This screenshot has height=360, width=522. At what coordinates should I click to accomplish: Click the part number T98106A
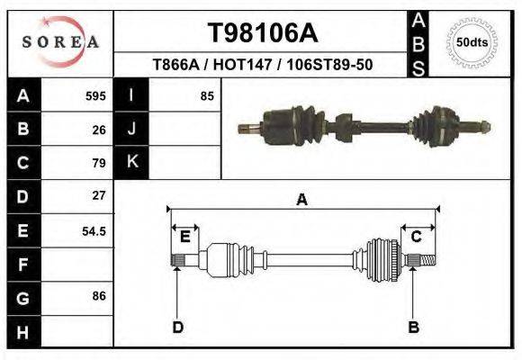[x=263, y=33]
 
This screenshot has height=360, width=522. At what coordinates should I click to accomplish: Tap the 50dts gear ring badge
[x=472, y=42]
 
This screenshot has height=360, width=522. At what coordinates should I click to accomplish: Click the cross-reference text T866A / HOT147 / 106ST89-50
[x=263, y=66]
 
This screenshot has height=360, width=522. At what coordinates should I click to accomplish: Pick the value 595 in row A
[x=95, y=95]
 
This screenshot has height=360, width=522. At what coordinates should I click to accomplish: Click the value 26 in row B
[x=99, y=129]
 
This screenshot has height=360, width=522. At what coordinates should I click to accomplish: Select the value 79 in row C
[x=99, y=163]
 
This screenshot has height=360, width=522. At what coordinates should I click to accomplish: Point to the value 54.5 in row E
[x=94, y=231]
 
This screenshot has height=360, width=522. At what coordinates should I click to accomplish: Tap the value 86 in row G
[x=99, y=296]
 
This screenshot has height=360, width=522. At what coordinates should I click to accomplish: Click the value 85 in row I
[x=207, y=95]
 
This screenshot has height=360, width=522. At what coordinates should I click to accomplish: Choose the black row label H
[x=22, y=331]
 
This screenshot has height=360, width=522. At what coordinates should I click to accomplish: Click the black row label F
[x=22, y=265]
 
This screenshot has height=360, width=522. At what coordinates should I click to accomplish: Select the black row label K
[x=132, y=162]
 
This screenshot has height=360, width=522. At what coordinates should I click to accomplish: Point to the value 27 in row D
[x=99, y=195]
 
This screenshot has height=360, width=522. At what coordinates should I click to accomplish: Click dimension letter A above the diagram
[x=301, y=201]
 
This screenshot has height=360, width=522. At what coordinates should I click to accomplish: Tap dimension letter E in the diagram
[x=184, y=237]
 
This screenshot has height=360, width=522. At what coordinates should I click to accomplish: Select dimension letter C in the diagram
[x=417, y=237]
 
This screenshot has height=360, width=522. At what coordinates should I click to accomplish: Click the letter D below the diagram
[x=177, y=327]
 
